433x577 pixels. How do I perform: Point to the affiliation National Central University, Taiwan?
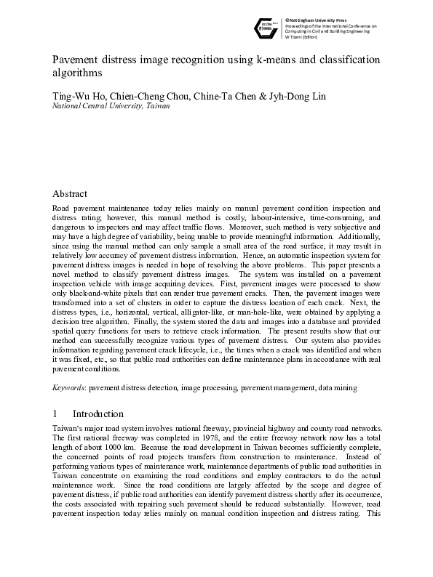(111, 106)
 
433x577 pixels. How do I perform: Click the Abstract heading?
(70, 194)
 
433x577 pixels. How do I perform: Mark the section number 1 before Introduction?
(55, 413)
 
